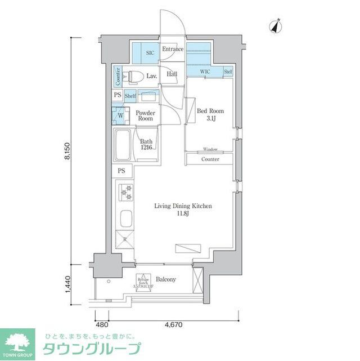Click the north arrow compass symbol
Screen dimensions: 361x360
click(x=276, y=26)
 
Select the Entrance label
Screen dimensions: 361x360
click(x=173, y=49)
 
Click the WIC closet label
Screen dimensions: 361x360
click(x=205, y=72)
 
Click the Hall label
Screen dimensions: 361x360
click(x=172, y=74)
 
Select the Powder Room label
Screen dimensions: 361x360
click(x=145, y=115)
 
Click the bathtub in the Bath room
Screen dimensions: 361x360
click(x=123, y=145)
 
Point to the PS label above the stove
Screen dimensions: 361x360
click(x=121, y=171)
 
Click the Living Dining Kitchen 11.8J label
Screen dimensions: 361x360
click(x=183, y=210)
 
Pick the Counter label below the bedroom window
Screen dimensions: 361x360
click(x=211, y=159)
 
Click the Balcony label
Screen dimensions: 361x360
click(x=166, y=279)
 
